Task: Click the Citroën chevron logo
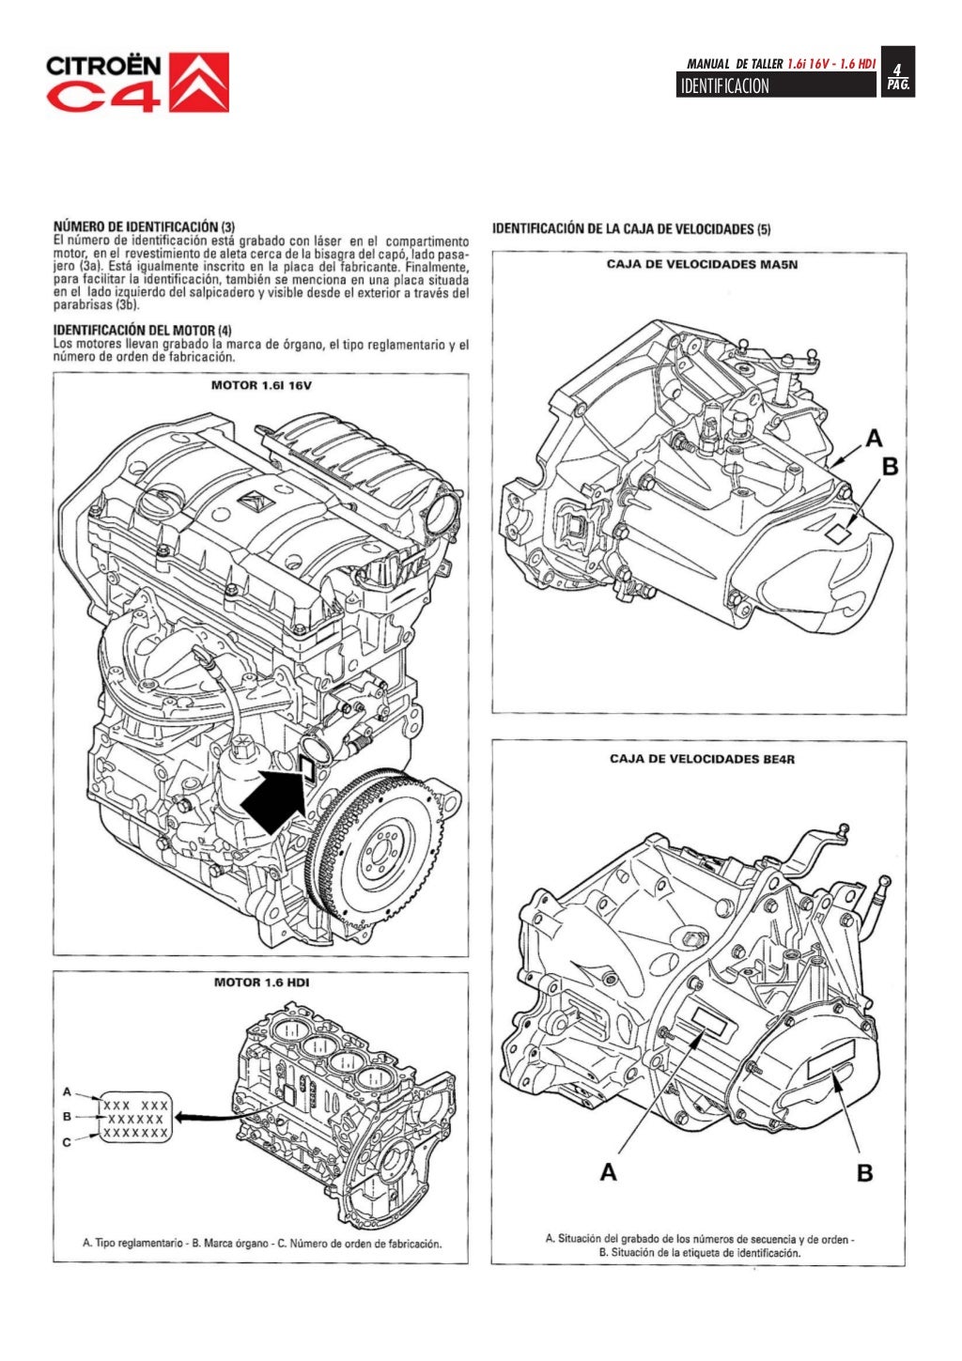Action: (x=198, y=83)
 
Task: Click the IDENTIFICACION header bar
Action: (x=775, y=86)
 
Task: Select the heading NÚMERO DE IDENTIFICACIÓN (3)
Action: (x=144, y=226)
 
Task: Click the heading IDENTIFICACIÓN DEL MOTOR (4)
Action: (x=142, y=331)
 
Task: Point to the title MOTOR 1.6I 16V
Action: (x=260, y=386)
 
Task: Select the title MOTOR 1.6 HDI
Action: (x=261, y=982)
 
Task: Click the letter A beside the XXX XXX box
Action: (x=67, y=1091)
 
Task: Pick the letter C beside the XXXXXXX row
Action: (x=67, y=1142)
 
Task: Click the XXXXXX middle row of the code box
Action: (x=135, y=1120)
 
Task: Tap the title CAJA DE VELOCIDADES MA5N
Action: (x=701, y=264)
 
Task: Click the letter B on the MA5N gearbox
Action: (x=890, y=466)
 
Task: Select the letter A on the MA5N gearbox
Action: (x=874, y=438)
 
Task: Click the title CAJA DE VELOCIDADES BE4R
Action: (x=701, y=758)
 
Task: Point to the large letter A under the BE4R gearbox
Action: (x=609, y=1171)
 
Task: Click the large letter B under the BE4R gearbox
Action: (x=864, y=1171)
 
